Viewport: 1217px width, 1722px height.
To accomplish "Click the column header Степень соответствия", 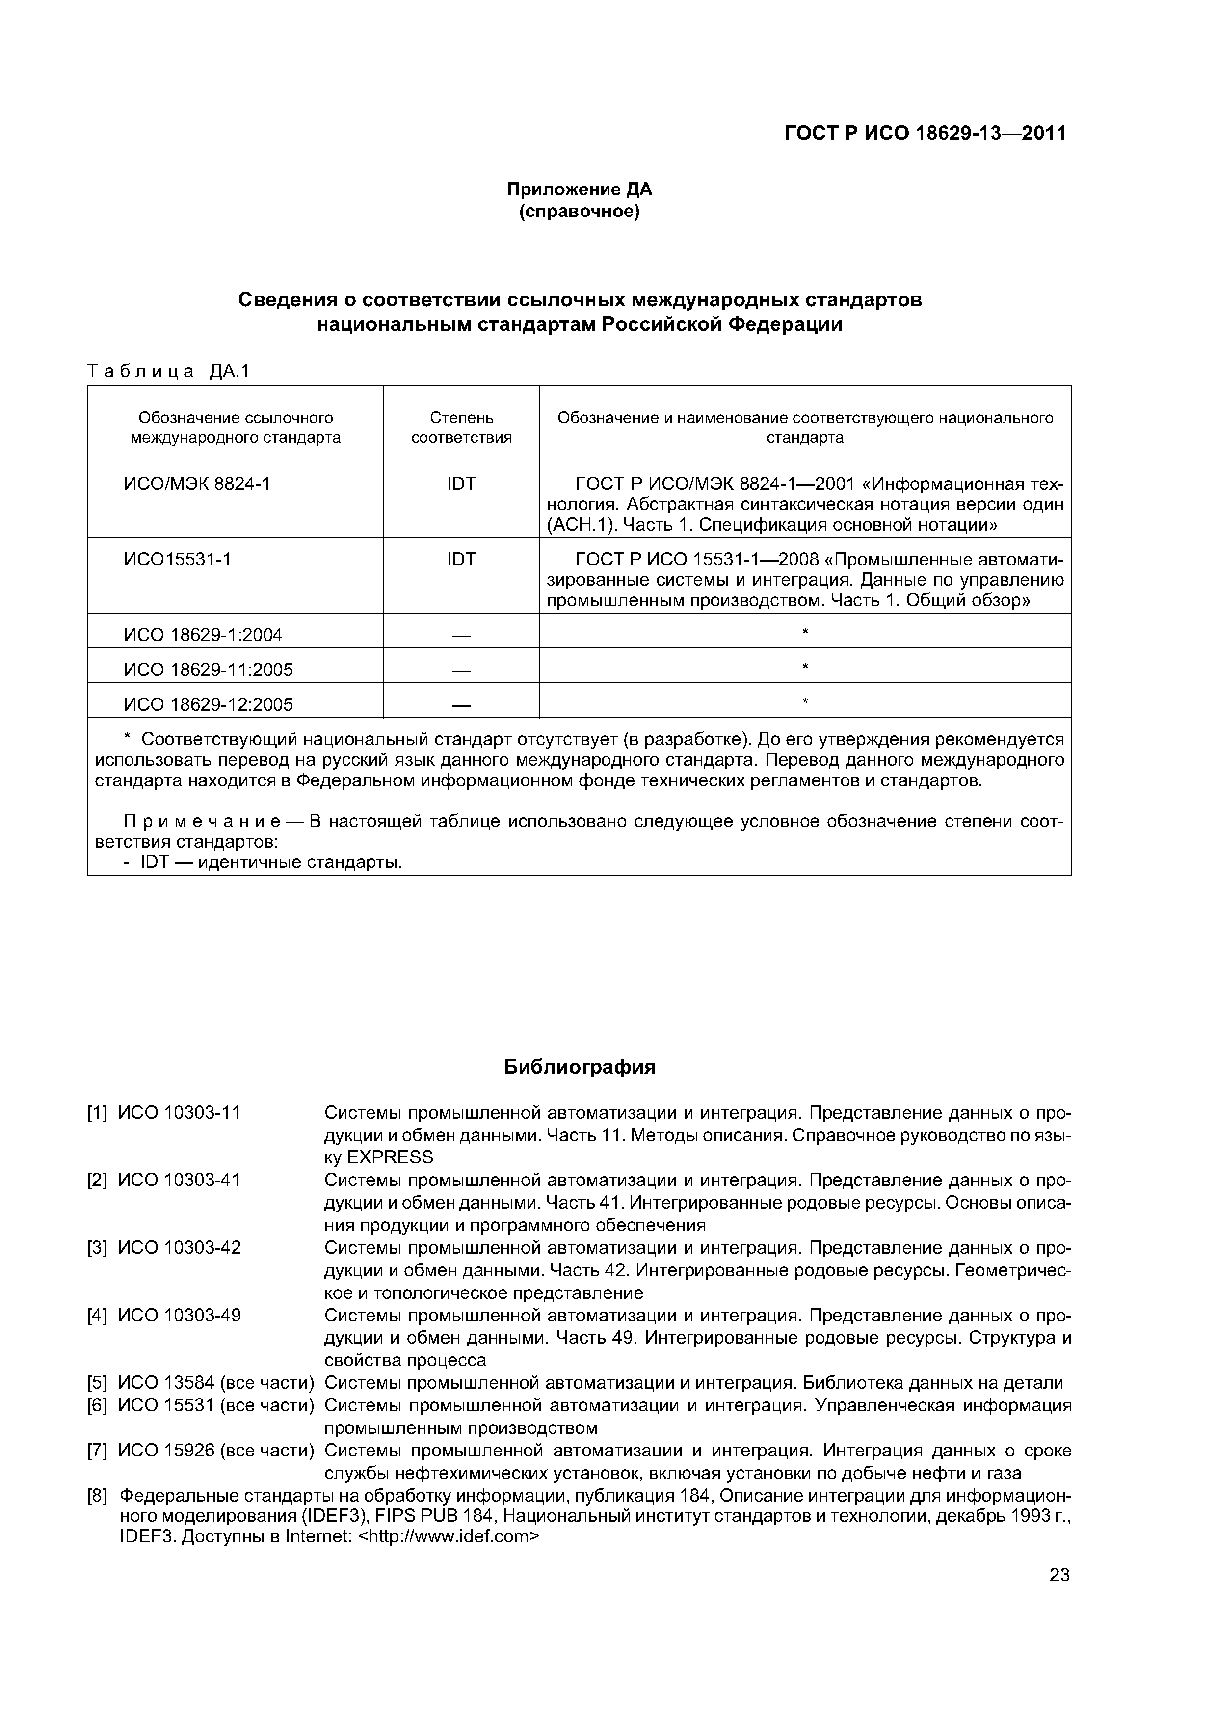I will (461, 428).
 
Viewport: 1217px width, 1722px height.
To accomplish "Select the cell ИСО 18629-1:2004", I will (203, 635).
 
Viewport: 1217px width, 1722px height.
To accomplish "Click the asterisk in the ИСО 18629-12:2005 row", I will (805, 702).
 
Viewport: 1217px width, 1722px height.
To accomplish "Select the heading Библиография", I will (580, 1067).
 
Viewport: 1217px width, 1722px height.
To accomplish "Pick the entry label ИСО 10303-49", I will (180, 1316).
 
